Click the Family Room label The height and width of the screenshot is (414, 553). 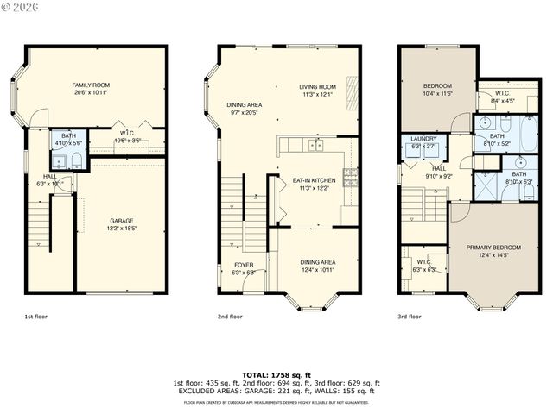pos(90,85)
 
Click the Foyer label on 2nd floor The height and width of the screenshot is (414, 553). pos(244,265)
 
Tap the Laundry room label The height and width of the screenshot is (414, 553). pos(423,138)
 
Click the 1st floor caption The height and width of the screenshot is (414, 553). pos(35,317)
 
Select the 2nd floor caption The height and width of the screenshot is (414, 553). pos(229,317)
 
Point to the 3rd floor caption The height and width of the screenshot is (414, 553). pos(410,317)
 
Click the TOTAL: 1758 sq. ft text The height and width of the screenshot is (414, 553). pos(276,375)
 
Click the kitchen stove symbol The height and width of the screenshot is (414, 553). pos(350,178)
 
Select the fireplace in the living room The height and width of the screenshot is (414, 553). pos(350,90)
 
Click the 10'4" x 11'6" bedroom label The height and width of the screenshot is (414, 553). pos(437,93)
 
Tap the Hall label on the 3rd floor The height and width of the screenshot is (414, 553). pos(438,168)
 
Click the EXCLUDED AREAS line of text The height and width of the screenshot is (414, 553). pos(276,391)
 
